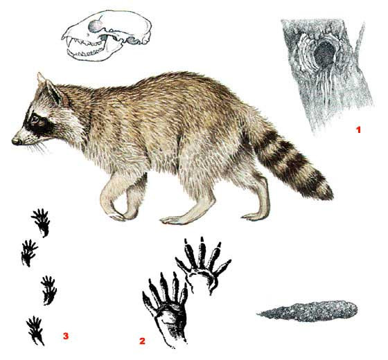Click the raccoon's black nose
point(16,141)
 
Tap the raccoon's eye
point(35,120)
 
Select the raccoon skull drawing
point(107,35)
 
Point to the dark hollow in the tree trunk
point(324,55)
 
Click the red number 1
point(358,129)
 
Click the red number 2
point(142,341)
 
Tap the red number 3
point(65,336)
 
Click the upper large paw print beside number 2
point(204,264)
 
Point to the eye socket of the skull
point(95,26)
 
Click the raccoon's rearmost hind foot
point(255,215)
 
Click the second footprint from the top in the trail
point(29,253)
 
